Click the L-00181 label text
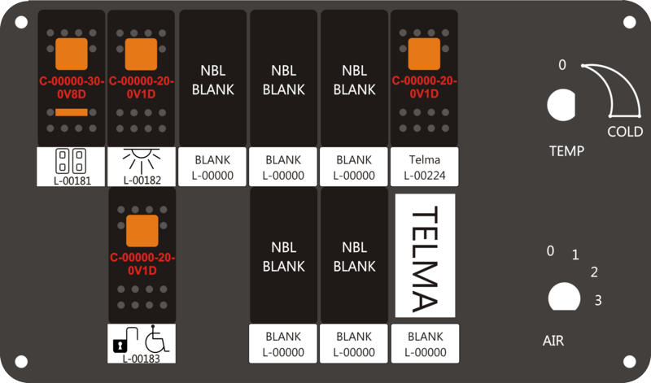pyautogui.click(x=72, y=181)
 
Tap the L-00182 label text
pyautogui.click(x=142, y=180)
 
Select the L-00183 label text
pyautogui.click(x=141, y=358)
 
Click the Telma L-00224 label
pyautogui.click(x=425, y=168)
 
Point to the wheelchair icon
pyautogui.click(x=156, y=338)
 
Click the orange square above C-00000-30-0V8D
pyautogui.click(x=72, y=54)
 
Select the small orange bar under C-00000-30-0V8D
pyautogui.click(x=72, y=112)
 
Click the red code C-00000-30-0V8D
pyautogui.click(x=72, y=88)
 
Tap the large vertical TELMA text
pyautogui.click(x=425, y=259)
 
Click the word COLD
pyautogui.click(x=625, y=132)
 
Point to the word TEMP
pyautogui.click(x=566, y=150)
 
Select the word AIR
pyautogui.click(x=553, y=341)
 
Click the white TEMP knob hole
pyautogui.click(x=561, y=105)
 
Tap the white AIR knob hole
pyautogui.click(x=564, y=297)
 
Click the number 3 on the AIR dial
pyautogui.click(x=598, y=300)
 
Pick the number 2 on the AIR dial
pyautogui.click(x=594, y=272)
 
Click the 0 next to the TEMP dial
pyautogui.click(x=562, y=65)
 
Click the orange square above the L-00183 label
pyautogui.click(x=142, y=231)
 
